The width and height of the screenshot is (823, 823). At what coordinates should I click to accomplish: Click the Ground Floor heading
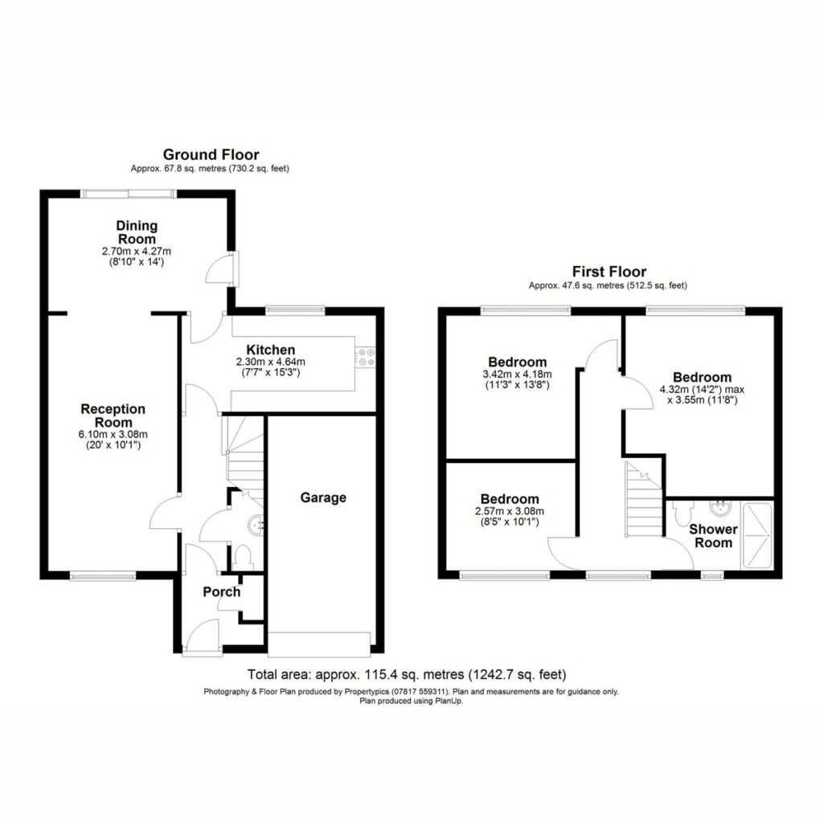pos(211,155)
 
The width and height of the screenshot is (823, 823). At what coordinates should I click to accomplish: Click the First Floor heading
pos(609,272)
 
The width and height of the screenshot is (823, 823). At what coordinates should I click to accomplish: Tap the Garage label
pos(323,497)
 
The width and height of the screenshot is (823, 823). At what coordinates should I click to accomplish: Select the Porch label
pos(222,592)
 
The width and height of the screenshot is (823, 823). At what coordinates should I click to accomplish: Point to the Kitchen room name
pos(270,350)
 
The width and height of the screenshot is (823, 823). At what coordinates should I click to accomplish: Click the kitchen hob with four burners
pos(366,357)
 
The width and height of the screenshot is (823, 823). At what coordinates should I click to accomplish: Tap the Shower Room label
pos(714,536)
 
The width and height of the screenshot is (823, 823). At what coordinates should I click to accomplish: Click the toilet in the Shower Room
pos(683,513)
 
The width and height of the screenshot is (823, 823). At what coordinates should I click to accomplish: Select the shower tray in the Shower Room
pos(757,535)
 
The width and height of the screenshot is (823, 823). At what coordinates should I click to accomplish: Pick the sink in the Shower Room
pos(719,507)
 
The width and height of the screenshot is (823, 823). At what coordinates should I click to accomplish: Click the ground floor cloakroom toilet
pos(242,558)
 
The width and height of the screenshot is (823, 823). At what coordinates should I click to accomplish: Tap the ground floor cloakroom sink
pos(256,525)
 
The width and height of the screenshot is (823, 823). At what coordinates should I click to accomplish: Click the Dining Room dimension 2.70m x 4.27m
pos(137,252)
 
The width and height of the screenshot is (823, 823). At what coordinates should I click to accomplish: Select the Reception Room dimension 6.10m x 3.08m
pos(113,435)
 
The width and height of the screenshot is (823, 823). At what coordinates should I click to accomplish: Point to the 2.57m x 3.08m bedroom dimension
pos(510,511)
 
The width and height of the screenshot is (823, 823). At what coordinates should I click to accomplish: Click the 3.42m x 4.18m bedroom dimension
pos(517,375)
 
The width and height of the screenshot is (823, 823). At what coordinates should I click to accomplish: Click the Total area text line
pos(407,674)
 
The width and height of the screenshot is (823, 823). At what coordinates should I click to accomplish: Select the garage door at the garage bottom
pos(319,644)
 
